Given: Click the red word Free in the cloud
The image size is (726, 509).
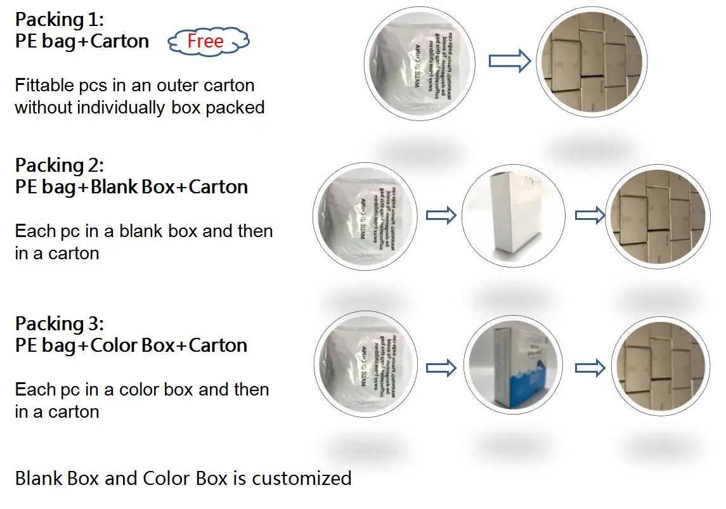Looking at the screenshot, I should (205, 42).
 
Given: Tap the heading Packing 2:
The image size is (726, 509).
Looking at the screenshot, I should (59, 165).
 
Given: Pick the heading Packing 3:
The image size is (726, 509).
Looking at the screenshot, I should (59, 324).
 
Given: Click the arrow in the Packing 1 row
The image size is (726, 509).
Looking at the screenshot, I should (509, 61).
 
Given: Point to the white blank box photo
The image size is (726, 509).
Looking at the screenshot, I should (514, 216).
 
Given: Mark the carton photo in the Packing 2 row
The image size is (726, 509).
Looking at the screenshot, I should (656, 216).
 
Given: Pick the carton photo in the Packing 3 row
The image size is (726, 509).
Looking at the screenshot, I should (659, 368).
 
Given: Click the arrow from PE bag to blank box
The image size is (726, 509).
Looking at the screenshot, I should (441, 216).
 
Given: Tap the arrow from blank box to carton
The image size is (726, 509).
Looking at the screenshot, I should (590, 216).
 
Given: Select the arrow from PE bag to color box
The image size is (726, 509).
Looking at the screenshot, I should (441, 368).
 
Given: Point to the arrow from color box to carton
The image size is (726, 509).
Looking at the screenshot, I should (590, 368).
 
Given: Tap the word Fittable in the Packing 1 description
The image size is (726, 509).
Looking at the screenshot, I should (44, 86).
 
